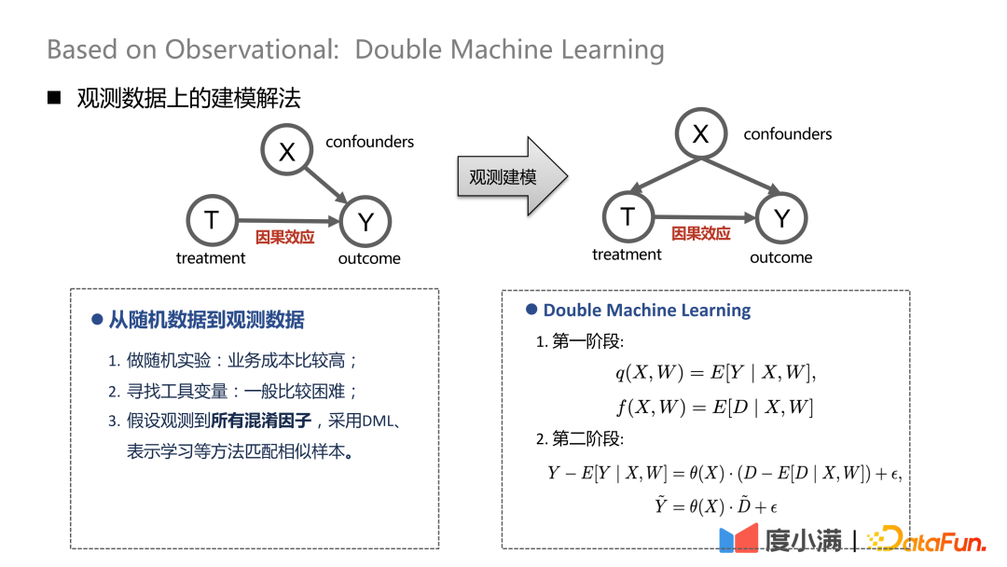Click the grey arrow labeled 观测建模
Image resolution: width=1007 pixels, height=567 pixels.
coord(513,176)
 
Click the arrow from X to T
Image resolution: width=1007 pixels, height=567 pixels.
coord(666,174)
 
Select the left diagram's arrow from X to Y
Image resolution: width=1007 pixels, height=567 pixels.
coord(325,185)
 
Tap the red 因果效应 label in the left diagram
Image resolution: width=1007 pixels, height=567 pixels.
coord(284,238)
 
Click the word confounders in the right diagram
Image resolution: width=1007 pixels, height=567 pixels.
coord(787,134)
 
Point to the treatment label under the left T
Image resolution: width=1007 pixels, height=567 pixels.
coord(211,258)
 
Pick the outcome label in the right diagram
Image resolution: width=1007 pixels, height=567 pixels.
coord(781,257)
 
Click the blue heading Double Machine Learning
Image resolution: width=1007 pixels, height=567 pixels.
coord(647,311)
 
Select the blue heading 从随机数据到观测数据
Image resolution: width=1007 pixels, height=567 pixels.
coord(206,320)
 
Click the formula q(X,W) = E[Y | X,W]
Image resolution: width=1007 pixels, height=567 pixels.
coord(715,372)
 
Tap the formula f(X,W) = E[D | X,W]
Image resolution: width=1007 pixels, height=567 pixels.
coord(715,408)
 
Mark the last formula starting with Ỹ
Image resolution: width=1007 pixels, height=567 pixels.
coord(715,506)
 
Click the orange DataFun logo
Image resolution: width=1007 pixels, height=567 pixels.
coord(926,539)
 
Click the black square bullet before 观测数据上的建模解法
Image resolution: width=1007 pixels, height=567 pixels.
coord(54,98)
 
